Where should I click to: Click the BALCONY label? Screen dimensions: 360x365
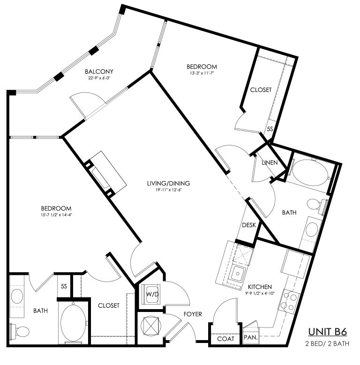(x=99, y=71)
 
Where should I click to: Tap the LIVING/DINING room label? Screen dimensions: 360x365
(x=168, y=183)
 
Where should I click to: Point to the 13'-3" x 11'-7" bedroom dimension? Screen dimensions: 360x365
(x=202, y=73)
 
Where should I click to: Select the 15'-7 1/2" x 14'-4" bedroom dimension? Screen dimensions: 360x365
(x=56, y=215)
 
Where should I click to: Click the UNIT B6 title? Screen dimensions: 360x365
(x=328, y=332)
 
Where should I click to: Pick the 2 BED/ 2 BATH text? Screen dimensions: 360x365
(x=327, y=343)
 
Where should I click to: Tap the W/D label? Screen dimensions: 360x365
(x=152, y=294)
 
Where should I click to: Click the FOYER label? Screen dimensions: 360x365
(x=193, y=314)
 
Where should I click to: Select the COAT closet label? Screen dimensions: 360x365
(x=225, y=339)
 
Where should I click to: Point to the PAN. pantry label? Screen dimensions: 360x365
(x=251, y=337)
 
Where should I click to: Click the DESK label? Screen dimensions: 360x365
(x=249, y=225)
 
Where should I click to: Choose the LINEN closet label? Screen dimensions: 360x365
(x=270, y=162)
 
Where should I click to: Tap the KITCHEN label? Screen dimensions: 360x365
(x=260, y=287)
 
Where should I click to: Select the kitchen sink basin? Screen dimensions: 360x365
(x=238, y=273)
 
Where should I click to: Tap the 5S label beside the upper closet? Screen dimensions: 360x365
(x=270, y=129)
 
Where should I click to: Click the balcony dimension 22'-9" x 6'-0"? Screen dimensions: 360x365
(x=99, y=78)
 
